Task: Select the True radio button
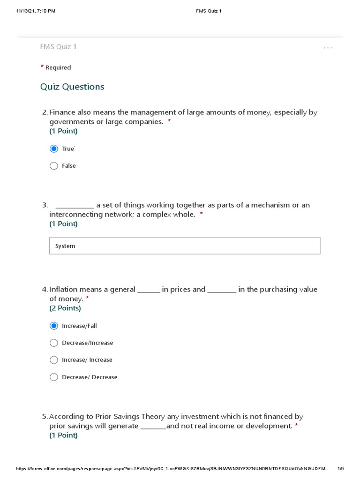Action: (x=54, y=149)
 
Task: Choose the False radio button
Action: (x=54, y=165)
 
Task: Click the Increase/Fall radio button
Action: (x=54, y=326)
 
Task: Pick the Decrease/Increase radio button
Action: (x=54, y=343)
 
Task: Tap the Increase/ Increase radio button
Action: (x=54, y=360)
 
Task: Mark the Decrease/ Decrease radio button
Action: (x=54, y=377)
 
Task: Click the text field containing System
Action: (x=185, y=246)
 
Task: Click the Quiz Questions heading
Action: (x=72, y=87)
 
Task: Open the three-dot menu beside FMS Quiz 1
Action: (x=328, y=48)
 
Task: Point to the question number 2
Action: (x=45, y=112)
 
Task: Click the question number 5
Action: (x=45, y=416)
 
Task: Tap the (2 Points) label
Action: (x=65, y=308)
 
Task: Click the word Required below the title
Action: (x=58, y=67)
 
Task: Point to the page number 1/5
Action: (x=341, y=469)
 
